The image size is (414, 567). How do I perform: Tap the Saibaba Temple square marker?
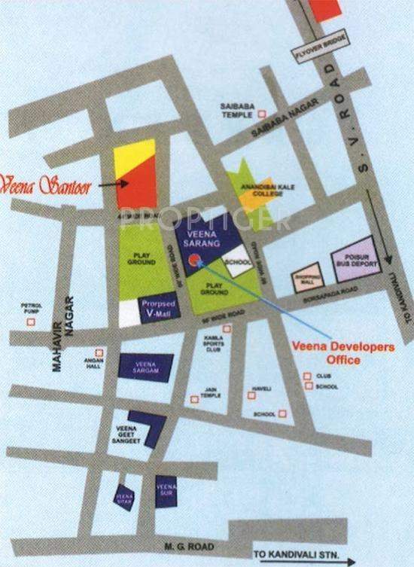click(263, 114)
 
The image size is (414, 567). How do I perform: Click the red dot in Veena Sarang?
click(195, 261)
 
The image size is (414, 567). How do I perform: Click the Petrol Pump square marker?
click(31, 322)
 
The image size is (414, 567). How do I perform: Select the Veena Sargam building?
click(146, 367)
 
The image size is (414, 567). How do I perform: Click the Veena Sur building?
click(166, 492)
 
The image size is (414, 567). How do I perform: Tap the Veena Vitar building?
click(124, 496)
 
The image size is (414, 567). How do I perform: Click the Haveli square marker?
click(252, 393)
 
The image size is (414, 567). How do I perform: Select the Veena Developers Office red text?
click(342, 352)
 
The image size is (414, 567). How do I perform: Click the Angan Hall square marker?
click(99, 352)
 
